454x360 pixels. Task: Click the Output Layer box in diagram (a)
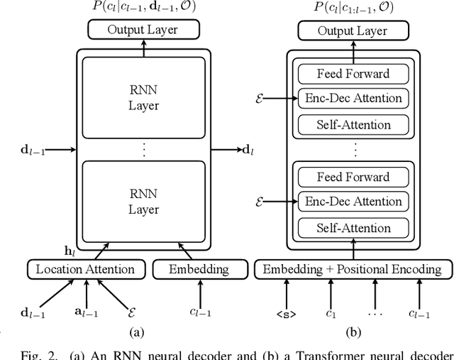(143, 30)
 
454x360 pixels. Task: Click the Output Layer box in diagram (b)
(352, 30)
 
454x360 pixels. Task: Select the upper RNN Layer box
(144, 99)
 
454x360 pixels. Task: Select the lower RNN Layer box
(144, 202)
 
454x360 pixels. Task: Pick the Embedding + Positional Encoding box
(352, 269)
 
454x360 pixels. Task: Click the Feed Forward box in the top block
(353, 74)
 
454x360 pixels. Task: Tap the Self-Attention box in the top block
(353, 125)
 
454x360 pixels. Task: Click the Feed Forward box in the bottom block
(353, 177)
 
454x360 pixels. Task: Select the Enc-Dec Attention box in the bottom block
(353, 202)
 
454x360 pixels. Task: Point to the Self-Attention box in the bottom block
(353, 228)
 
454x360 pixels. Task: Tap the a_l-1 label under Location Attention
(87, 313)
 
